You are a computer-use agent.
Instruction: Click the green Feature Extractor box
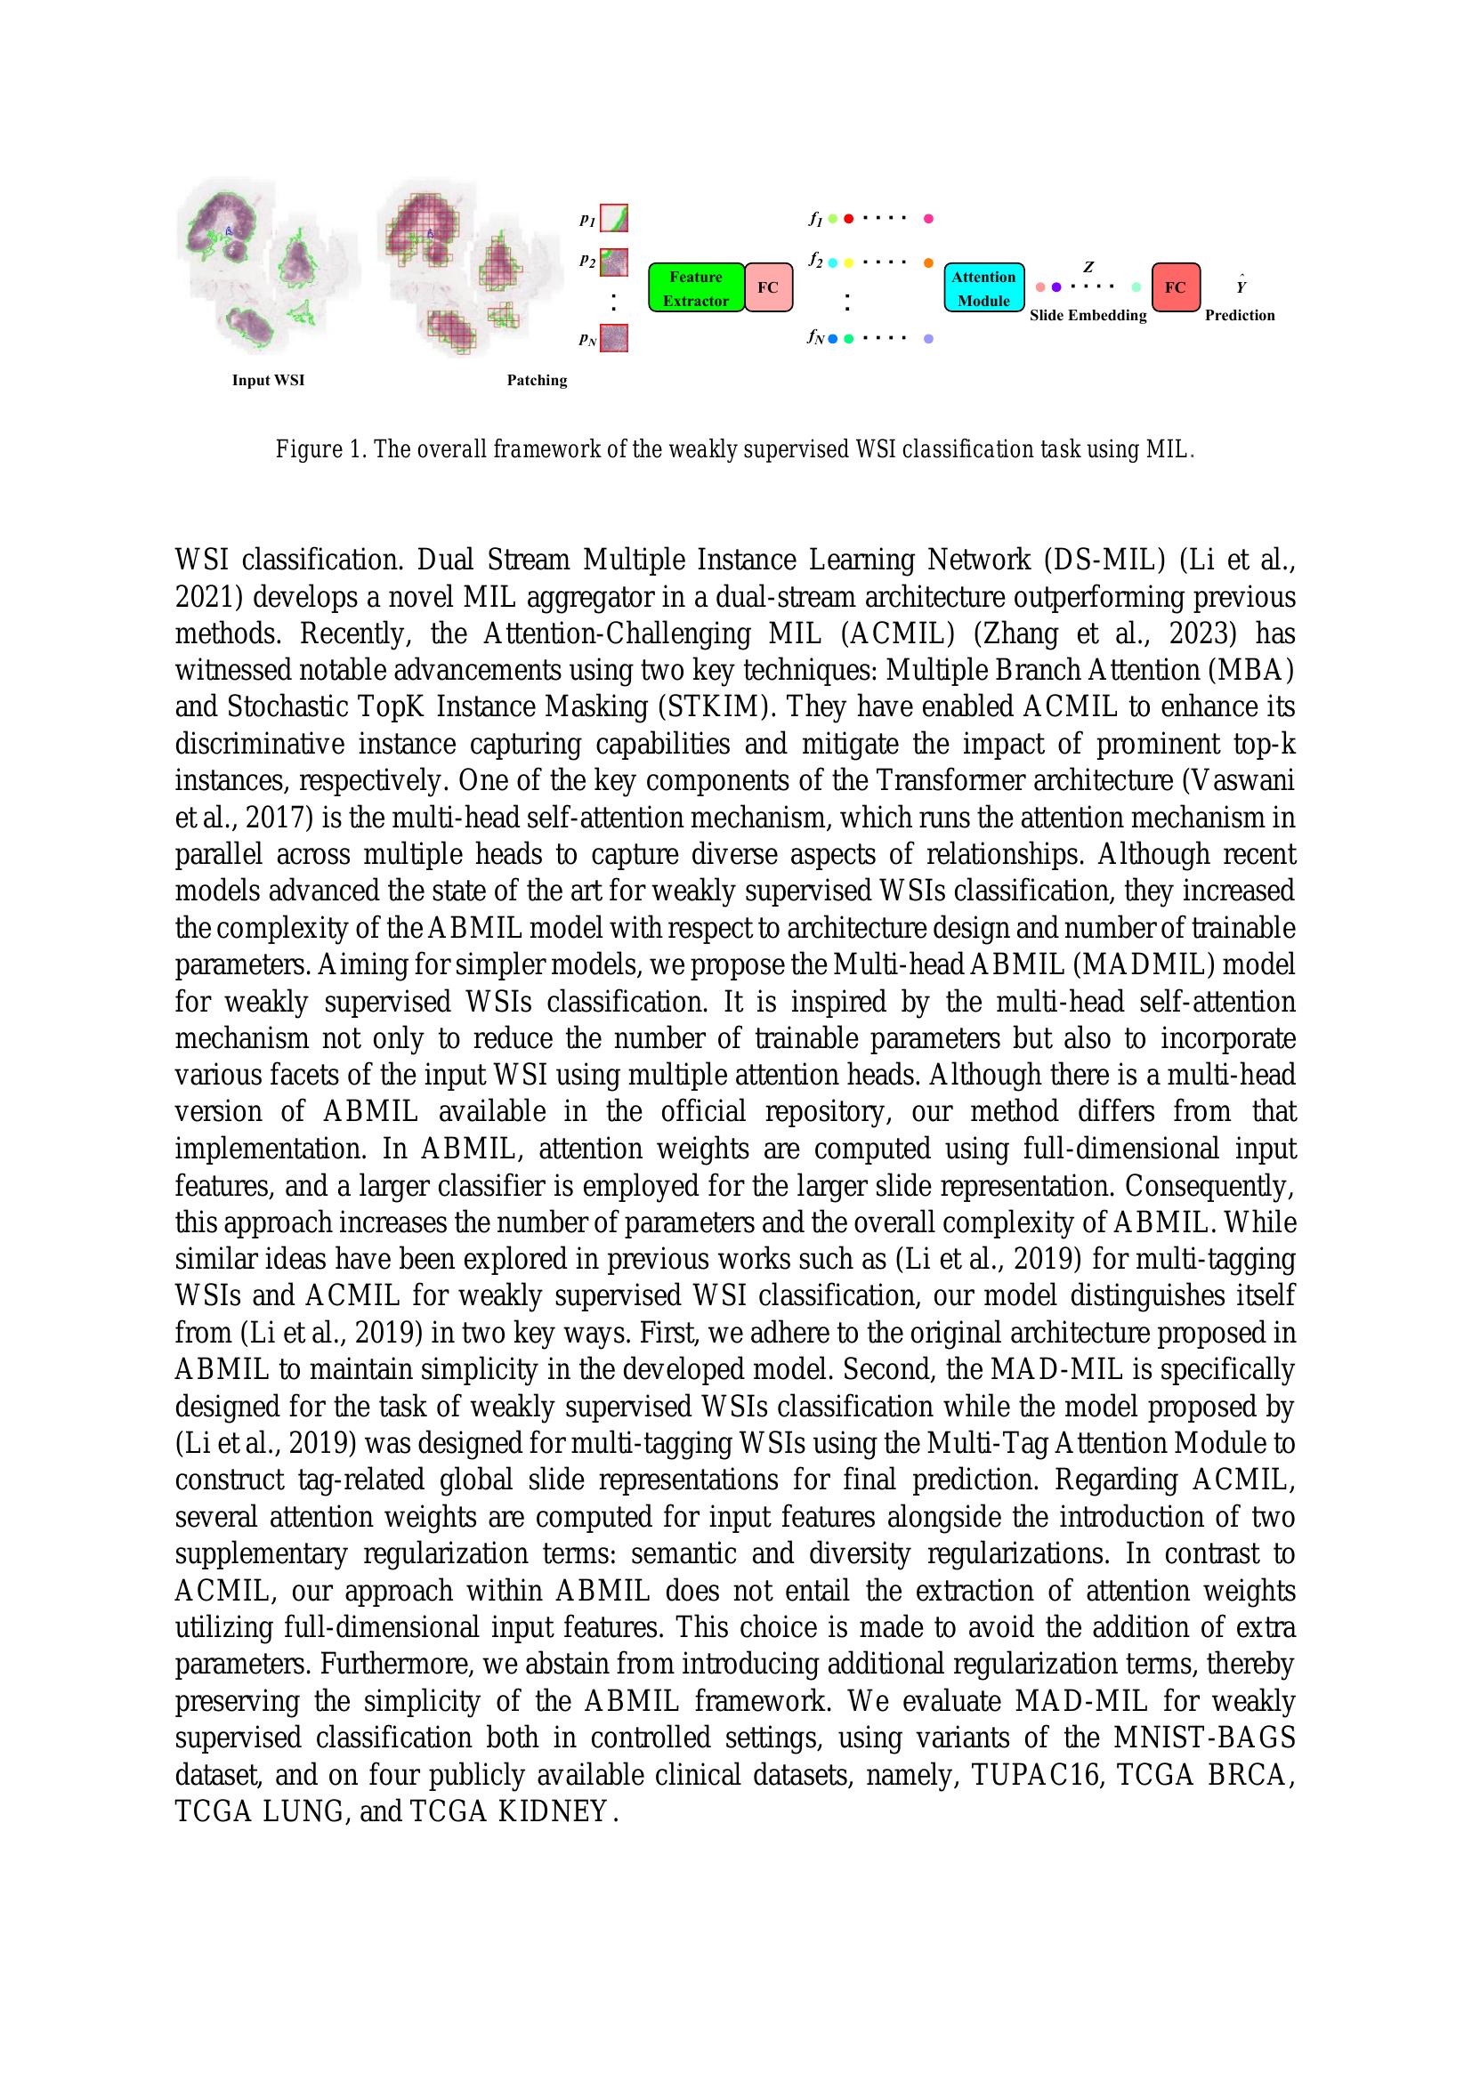[x=696, y=288]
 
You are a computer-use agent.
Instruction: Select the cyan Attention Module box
[x=983, y=288]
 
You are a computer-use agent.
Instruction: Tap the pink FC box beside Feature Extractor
[x=768, y=288]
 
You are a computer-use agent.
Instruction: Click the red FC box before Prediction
[x=1176, y=287]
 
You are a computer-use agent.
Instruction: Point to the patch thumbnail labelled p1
[x=614, y=219]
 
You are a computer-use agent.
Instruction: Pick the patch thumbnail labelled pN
[x=614, y=338]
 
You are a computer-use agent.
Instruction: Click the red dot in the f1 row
[x=848, y=219]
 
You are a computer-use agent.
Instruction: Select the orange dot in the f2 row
[x=928, y=262]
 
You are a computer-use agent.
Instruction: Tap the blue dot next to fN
[x=832, y=339]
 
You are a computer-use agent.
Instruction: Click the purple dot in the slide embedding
[x=1056, y=287]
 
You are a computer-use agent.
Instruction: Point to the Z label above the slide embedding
[x=1088, y=268]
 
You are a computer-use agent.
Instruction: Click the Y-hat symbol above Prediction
[x=1241, y=286]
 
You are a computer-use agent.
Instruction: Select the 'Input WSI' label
[x=268, y=381]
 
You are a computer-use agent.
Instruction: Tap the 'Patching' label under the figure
[x=537, y=381]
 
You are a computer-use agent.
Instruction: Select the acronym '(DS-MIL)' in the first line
[x=1105, y=560]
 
